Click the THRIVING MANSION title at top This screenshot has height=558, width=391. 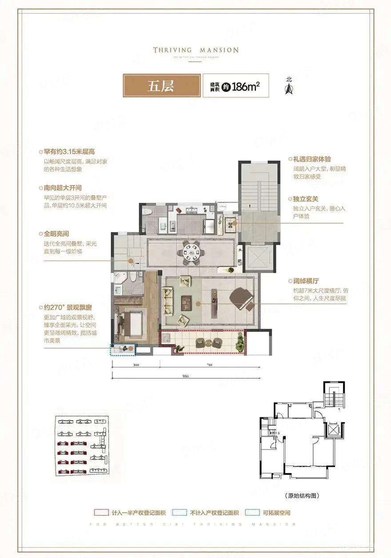tap(195, 50)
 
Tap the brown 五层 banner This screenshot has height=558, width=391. tap(160, 86)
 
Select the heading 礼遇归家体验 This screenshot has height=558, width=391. tap(311, 159)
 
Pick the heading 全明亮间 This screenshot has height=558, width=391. tap(56, 233)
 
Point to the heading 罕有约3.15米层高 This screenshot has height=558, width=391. tap(67, 151)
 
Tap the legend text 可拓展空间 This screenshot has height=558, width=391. tap(275, 513)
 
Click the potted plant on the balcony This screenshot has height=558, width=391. tap(240, 343)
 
